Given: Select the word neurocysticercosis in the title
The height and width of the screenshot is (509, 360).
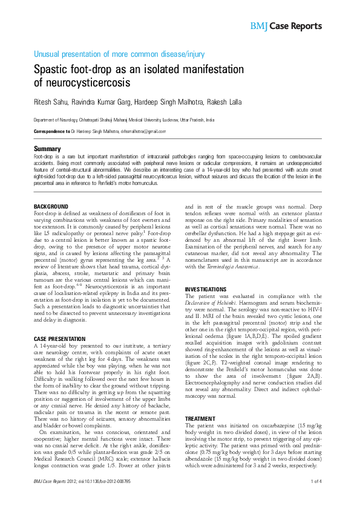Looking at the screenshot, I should coord(90,82).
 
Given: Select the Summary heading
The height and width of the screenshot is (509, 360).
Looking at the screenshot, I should coord(47,149).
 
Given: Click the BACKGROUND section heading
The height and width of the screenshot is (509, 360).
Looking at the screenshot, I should coord(51,207).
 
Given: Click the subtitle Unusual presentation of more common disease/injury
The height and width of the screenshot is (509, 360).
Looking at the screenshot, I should coord(119,54).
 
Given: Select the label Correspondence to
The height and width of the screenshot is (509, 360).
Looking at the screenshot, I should coord(51,131).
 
